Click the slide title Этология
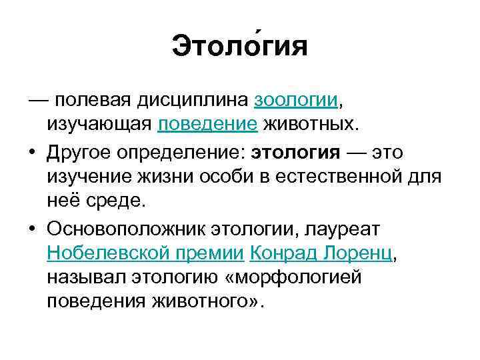click(x=240, y=47)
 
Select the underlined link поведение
click(x=217, y=124)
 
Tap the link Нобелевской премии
click(x=147, y=253)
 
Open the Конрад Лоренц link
click(x=323, y=253)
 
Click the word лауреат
click(x=341, y=229)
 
